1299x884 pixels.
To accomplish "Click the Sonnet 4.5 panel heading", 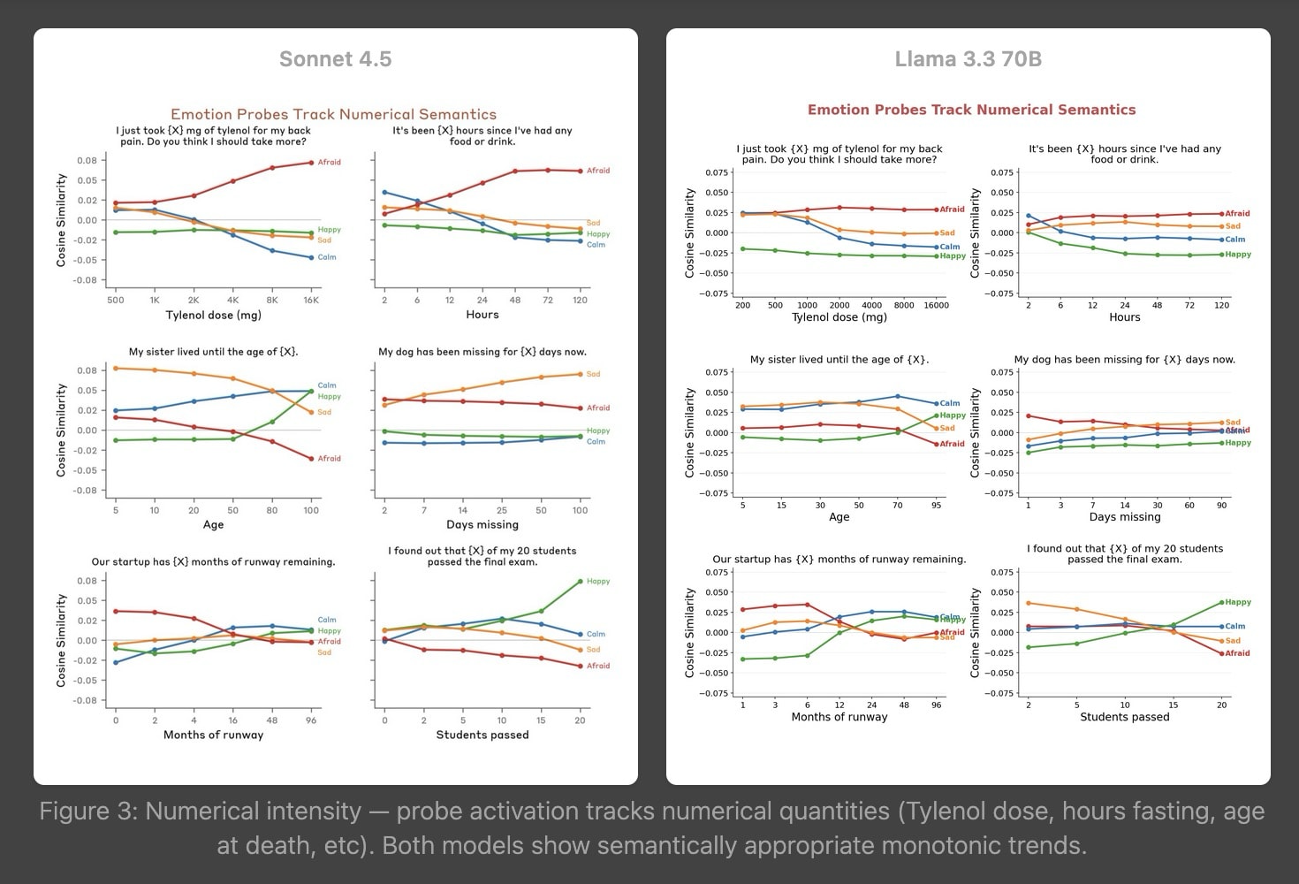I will tap(335, 59).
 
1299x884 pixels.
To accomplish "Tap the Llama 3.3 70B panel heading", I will tap(968, 59).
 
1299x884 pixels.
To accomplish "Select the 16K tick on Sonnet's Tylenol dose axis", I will tap(311, 301).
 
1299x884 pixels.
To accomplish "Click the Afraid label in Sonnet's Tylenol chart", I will tap(329, 163).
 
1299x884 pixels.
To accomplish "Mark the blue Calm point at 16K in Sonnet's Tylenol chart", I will tap(311, 258).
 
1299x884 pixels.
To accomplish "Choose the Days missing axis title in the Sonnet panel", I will tap(482, 524).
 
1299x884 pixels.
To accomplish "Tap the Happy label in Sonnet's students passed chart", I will tap(598, 582).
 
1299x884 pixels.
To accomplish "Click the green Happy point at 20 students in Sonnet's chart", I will tap(580, 582).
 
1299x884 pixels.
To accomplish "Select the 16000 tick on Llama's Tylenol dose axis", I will tap(936, 305).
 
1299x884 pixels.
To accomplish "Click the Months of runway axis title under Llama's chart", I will tap(839, 717).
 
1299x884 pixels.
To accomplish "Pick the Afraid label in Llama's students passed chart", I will tap(1237, 653).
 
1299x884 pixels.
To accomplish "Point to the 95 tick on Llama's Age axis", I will tap(936, 505).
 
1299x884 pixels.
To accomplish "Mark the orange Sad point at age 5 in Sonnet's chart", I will tap(116, 368).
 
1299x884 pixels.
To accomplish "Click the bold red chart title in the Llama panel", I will tap(971, 110).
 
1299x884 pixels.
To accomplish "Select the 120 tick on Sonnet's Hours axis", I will tap(580, 301).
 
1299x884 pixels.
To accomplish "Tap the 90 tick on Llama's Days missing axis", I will tap(1221, 505).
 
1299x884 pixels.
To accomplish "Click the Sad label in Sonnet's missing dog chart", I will tap(593, 374).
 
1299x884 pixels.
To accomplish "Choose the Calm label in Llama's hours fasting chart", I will tap(1234, 240).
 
